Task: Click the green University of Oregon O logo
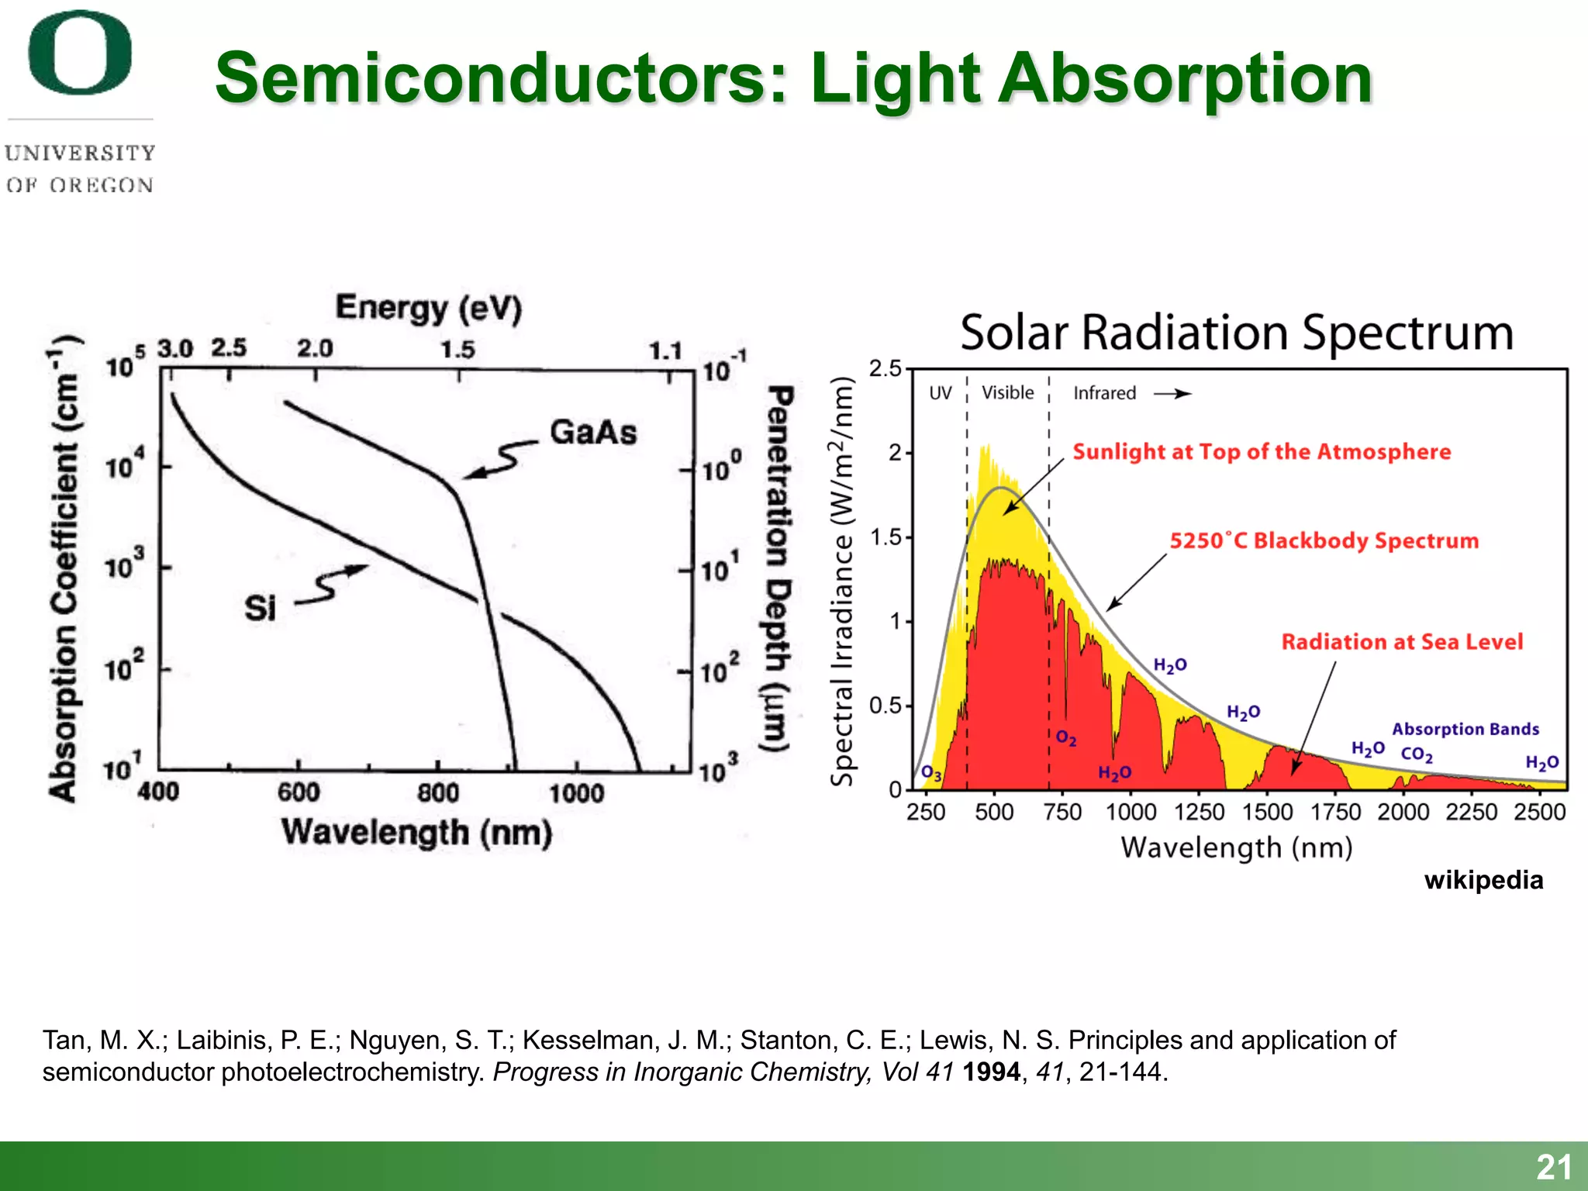(x=80, y=53)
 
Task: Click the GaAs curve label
(x=593, y=433)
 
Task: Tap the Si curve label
(x=261, y=608)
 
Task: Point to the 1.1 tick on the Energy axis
(x=665, y=351)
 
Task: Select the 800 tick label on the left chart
(x=438, y=792)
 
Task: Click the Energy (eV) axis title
(x=429, y=309)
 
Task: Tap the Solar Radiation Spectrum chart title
(x=1237, y=333)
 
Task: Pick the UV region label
(x=940, y=393)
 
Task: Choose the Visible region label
(x=1007, y=392)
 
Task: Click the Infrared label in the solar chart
(x=1104, y=393)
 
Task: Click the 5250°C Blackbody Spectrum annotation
(x=1324, y=540)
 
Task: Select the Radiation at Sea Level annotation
(x=1402, y=642)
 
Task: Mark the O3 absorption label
(x=931, y=773)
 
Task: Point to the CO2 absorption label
(x=1417, y=754)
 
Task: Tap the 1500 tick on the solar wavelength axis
(x=1267, y=812)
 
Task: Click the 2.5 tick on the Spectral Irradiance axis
(x=885, y=368)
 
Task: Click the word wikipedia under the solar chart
(x=1483, y=880)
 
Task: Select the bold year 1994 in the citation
(x=991, y=1072)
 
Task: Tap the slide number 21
(x=1554, y=1167)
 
